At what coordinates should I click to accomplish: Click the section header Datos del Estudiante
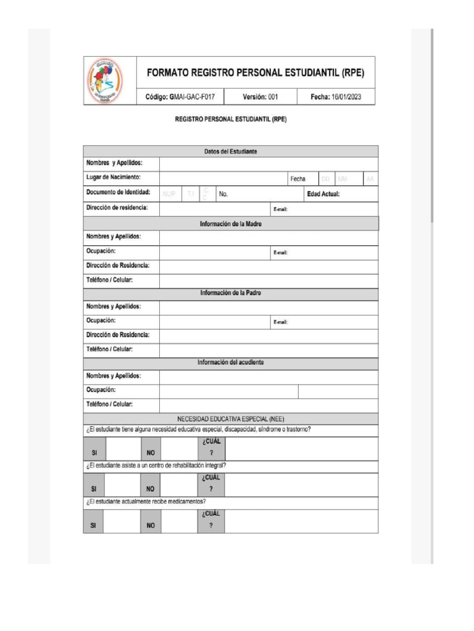[x=231, y=152]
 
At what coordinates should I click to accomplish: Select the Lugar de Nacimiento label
[x=114, y=178]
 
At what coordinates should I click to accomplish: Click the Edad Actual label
[x=323, y=194]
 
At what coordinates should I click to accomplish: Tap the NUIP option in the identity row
[x=169, y=195]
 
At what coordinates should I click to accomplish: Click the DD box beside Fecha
[x=325, y=179]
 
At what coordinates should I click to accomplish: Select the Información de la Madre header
[x=231, y=224]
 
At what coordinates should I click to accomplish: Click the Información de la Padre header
[x=231, y=293]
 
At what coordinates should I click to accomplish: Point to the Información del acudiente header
[x=231, y=363]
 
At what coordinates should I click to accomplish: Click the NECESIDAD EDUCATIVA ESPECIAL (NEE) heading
[x=231, y=419]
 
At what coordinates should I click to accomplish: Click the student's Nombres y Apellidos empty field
[x=268, y=163]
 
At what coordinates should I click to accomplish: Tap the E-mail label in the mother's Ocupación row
[x=281, y=253]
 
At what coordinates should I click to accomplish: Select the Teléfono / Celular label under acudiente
[x=110, y=405]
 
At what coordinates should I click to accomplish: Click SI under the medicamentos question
[x=94, y=526]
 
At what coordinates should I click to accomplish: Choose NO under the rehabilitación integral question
[x=150, y=489]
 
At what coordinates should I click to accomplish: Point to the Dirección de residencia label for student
[x=117, y=208]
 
